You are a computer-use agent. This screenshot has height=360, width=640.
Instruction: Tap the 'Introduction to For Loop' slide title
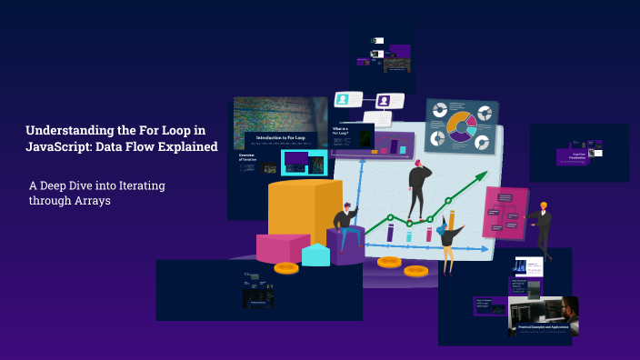click(x=281, y=138)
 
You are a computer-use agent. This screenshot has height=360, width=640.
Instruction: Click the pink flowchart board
click(x=505, y=213)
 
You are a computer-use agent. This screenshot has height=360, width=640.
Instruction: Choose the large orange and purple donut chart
click(x=462, y=127)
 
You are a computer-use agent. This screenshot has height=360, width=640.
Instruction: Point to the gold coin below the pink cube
click(x=286, y=267)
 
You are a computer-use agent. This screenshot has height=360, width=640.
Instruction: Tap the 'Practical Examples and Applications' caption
click(x=544, y=326)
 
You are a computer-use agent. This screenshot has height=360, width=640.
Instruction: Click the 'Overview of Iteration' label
click(x=247, y=157)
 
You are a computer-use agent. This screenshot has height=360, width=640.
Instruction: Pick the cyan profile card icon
click(x=343, y=99)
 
